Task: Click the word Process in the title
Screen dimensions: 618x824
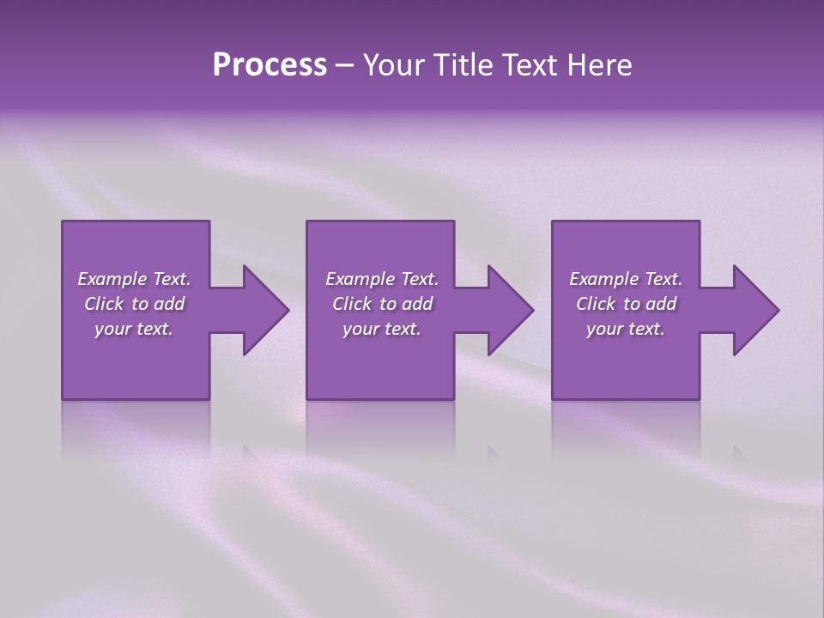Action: click(x=270, y=65)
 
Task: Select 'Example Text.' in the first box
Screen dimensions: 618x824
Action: click(x=134, y=279)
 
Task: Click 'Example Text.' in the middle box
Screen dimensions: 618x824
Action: click(x=382, y=279)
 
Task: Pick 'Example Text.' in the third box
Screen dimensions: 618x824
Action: click(x=626, y=279)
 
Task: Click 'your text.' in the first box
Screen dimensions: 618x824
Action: click(x=134, y=329)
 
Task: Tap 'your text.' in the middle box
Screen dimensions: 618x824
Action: click(x=382, y=329)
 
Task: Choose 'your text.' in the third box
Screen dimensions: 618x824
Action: click(x=626, y=329)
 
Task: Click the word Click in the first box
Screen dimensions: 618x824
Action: click(x=104, y=304)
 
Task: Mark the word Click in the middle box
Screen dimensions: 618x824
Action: click(x=352, y=304)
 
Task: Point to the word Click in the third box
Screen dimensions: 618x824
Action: click(x=596, y=304)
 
